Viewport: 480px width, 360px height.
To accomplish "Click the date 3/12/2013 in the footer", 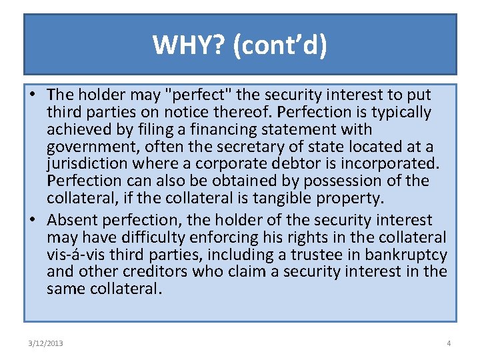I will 46,343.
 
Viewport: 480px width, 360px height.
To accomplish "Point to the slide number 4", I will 449,343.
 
